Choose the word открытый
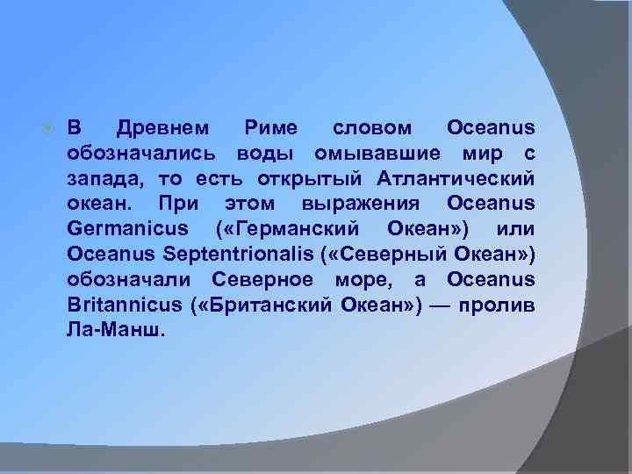click(x=299, y=179)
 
